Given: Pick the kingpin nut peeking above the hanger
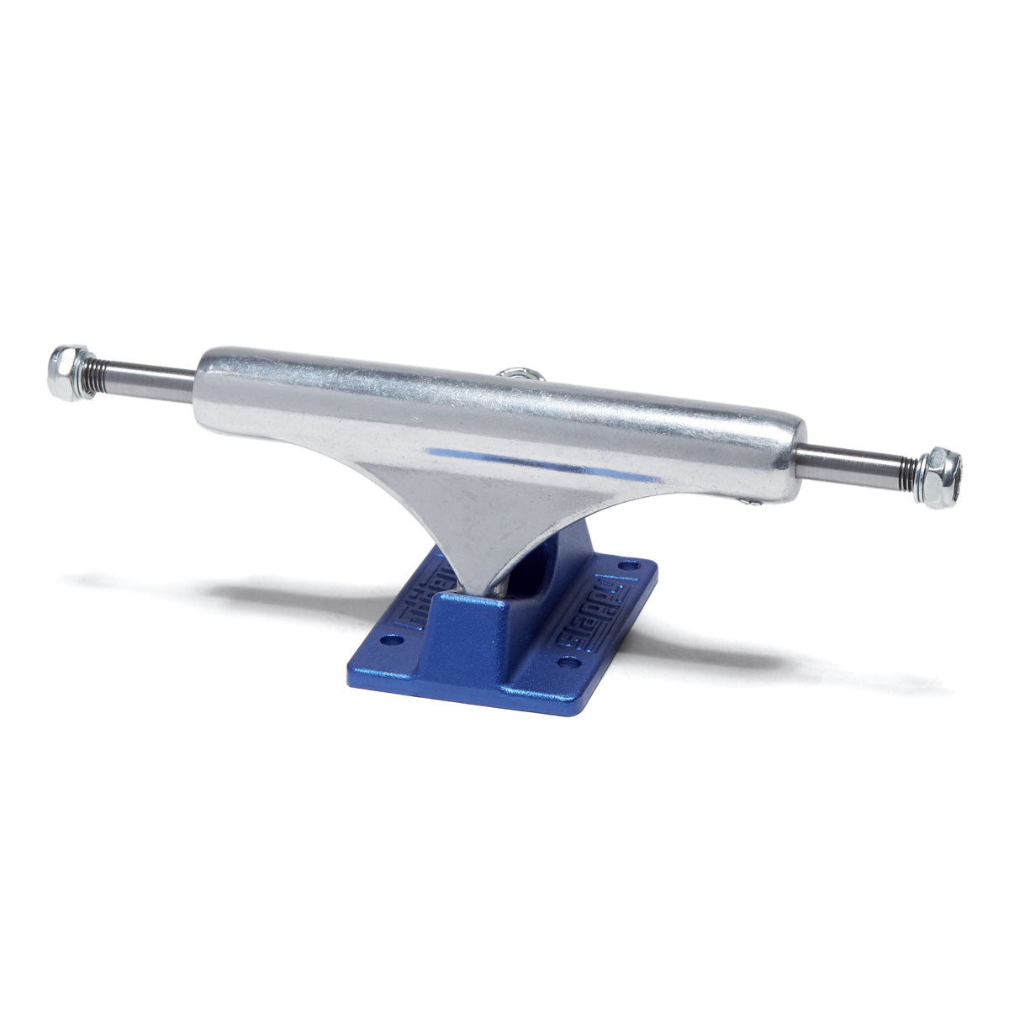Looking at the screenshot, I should [x=513, y=373].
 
